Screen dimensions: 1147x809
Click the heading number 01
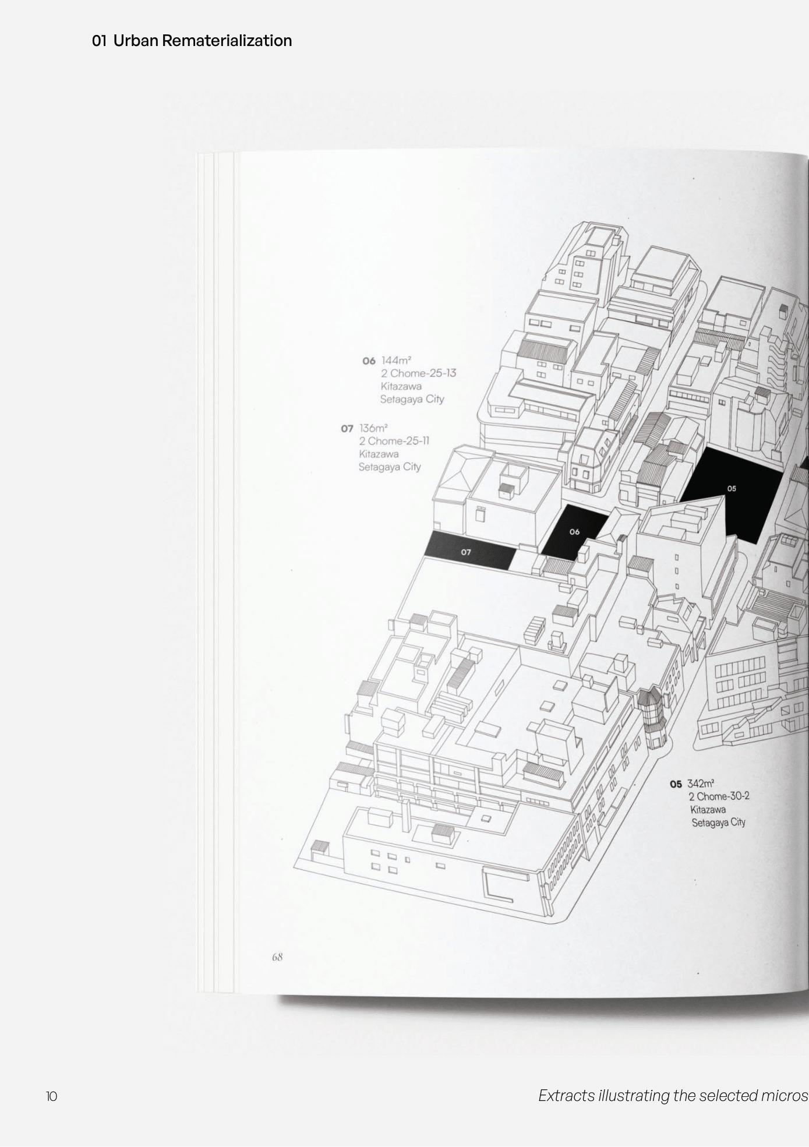(99, 41)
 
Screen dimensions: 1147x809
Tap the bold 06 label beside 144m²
(369, 361)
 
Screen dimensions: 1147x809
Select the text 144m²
(396, 361)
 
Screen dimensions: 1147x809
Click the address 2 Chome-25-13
(418, 373)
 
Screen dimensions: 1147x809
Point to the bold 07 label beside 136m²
(347, 429)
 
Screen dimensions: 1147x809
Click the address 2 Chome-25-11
(394, 441)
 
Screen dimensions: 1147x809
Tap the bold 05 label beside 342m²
(676, 784)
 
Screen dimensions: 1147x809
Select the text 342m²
(701, 784)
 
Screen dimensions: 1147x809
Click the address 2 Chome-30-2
(719, 796)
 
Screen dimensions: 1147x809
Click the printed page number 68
(277, 957)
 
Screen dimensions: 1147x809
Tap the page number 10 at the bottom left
(51, 1096)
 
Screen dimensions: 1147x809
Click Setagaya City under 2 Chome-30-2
(718, 823)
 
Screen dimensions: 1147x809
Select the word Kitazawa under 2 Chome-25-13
(401, 386)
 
